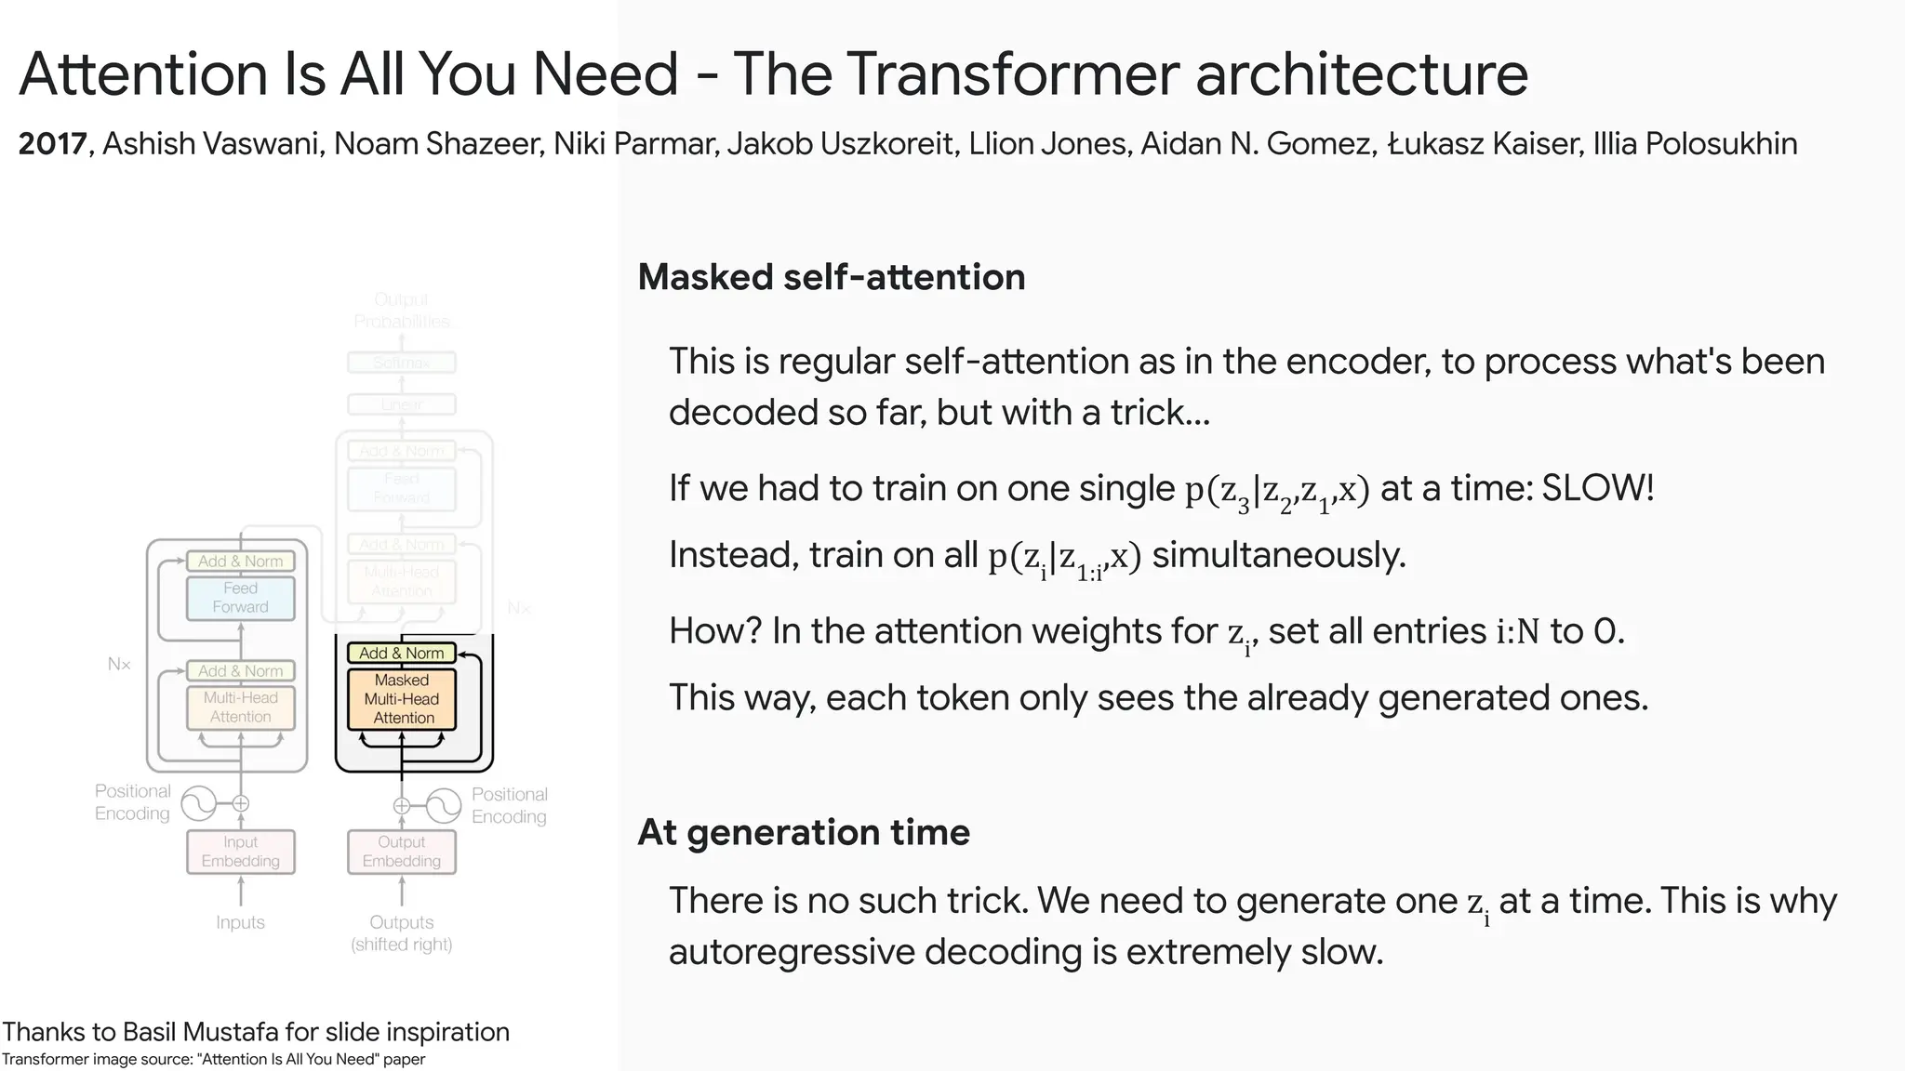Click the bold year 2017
pos(53,144)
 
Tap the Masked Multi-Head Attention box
pos(402,699)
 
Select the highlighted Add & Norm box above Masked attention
pos(402,654)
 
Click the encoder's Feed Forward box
pos(241,598)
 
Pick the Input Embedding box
pos(241,852)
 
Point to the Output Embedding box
pos(402,852)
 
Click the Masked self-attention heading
pos(832,277)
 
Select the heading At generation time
pos(804,832)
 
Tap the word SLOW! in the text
pos(1598,488)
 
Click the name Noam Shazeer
pos(438,144)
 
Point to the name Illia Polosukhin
pos(1695,144)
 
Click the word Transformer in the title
pos(1014,74)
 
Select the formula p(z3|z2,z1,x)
pos(1277,490)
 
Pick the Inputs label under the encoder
pos(240,922)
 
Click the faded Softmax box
pos(402,363)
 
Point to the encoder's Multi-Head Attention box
pos(241,707)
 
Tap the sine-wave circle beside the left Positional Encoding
pos(199,803)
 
